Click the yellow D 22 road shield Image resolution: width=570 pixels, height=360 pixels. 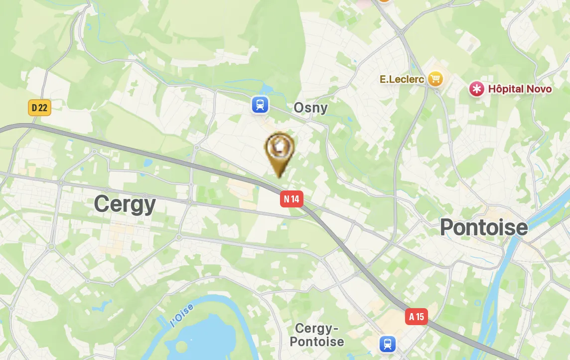39,107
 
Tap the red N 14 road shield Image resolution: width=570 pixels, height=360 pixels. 291,199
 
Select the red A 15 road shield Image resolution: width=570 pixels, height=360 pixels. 416,316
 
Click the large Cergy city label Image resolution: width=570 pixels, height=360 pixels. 125,204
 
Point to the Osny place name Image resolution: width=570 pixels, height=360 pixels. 310,108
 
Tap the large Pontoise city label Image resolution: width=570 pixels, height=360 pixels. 483,227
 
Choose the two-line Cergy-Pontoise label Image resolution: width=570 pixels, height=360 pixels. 316,335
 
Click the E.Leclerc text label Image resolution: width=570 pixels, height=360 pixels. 402,79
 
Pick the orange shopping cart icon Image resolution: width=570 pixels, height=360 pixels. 435,78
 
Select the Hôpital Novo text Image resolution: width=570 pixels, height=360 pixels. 520,89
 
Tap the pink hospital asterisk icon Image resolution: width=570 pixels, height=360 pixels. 477,89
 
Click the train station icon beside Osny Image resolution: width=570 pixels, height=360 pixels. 260,105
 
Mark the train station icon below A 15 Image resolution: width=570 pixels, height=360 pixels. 387,344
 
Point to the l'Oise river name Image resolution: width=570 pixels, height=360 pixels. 182,316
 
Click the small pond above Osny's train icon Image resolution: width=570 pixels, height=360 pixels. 264,90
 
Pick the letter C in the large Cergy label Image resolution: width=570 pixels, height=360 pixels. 101,204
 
